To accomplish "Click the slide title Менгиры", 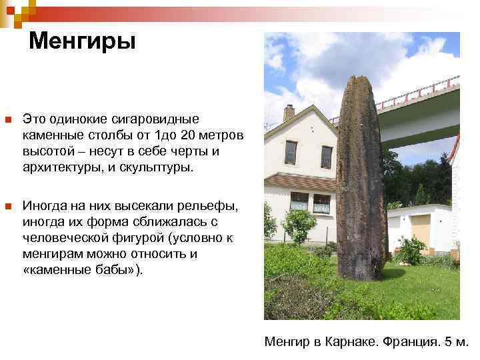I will coord(82,41).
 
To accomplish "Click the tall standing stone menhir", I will coord(361,180).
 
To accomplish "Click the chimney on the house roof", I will coord(289,112).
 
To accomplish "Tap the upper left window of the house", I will coord(291,153).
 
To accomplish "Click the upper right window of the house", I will coord(326,157).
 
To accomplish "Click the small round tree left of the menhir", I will coord(299,223).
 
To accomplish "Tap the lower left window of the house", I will coord(299,201).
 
